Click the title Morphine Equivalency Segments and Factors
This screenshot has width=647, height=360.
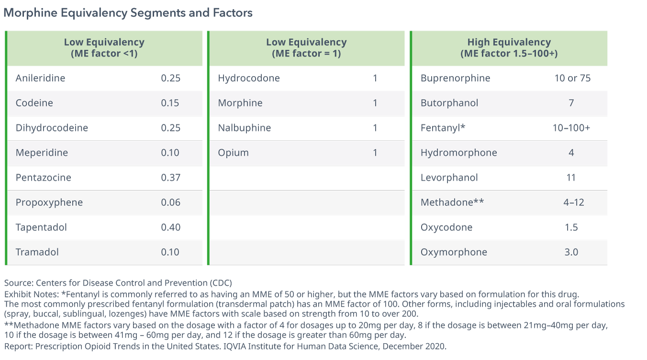(x=128, y=13)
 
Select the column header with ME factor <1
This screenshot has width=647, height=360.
(x=104, y=48)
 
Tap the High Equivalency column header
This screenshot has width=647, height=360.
(x=509, y=48)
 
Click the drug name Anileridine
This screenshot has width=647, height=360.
(x=40, y=78)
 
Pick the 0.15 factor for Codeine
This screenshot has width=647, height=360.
(x=170, y=103)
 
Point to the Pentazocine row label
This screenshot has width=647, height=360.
(x=44, y=178)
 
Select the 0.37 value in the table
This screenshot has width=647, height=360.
(x=170, y=178)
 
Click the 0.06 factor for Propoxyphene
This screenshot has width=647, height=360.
(x=170, y=202)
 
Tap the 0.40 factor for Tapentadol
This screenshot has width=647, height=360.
(x=170, y=227)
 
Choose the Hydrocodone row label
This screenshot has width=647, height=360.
(x=249, y=78)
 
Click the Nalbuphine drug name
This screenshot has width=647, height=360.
(x=245, y=128)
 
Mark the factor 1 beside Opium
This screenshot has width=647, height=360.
(x=375, y=153)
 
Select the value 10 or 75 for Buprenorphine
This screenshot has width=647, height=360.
(x=572, y=78)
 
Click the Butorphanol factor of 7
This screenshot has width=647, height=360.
(x=571, y=103)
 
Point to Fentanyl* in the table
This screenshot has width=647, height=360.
(x=443, y=128)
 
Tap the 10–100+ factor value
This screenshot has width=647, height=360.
(x=571, y=128)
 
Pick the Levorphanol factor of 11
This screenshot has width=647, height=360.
(x=571, y=178)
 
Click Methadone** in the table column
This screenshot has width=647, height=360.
(x=452, y=202)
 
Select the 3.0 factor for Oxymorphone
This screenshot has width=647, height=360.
(x=571, y=252)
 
